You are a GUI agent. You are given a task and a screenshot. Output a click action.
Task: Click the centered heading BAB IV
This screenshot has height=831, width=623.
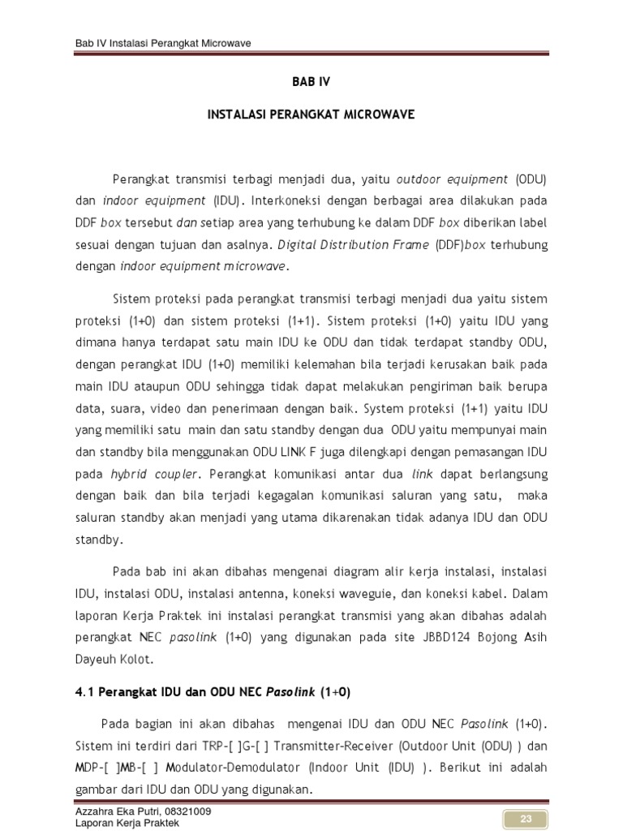(311, 82)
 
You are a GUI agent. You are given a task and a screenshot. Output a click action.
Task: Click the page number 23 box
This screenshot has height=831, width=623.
(526, 820)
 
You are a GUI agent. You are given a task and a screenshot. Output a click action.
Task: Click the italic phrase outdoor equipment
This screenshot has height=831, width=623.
(451, 179)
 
